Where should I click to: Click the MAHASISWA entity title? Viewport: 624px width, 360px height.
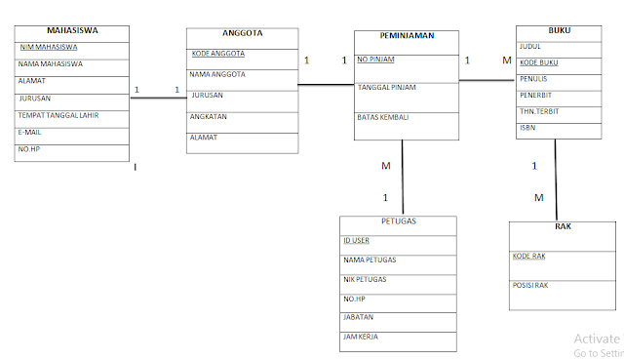72,30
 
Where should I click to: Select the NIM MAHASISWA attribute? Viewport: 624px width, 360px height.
50,46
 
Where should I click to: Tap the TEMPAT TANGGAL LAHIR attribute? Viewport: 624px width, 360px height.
58,115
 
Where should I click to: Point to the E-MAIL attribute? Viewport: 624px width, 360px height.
30,132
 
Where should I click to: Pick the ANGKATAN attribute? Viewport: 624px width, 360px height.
208,116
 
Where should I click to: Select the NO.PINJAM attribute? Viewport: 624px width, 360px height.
375,59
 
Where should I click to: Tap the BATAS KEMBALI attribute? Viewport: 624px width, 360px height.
382,117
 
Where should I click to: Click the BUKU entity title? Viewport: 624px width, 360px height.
560,30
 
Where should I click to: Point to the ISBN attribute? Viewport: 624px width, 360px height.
527,127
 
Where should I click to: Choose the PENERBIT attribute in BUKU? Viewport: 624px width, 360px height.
537,96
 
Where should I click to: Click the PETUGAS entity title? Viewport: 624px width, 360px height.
399,221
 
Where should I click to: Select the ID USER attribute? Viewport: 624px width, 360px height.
356,240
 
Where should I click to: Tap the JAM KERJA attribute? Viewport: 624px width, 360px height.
361,337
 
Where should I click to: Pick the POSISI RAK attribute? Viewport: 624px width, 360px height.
530,285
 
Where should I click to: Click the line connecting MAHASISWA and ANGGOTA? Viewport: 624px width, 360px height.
157,98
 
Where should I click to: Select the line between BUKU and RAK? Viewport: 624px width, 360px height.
556,180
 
